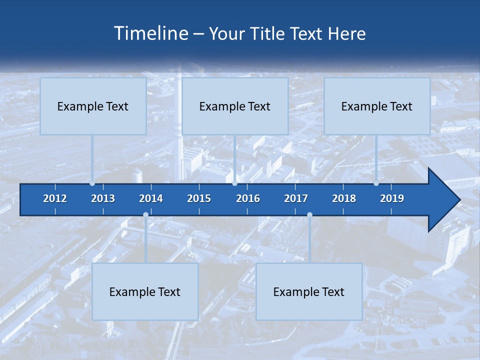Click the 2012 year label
(55, 198)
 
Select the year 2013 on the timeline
(103, 198)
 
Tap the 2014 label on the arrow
(151, 198)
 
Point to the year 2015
(199, 198)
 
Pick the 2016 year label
(248, 198)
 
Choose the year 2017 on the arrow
(296, 198)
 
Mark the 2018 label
(344, 198)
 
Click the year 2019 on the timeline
(392, 198)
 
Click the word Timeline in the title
(150, 33)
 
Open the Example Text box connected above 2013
(93, 106)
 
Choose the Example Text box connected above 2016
(235, 106)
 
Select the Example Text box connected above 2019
(377, 106)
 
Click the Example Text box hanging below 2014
(145, 291)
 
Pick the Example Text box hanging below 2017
(309, 291)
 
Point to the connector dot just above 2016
(235, 183)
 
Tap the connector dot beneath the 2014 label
(145, 215)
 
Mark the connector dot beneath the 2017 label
(309, 215)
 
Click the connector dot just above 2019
(376, 183)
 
